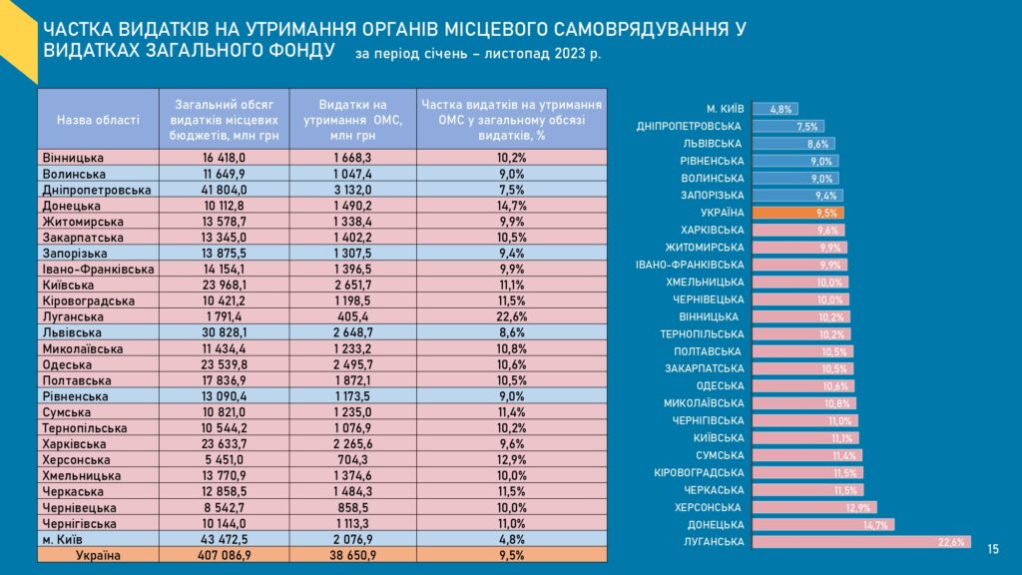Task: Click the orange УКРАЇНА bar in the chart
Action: (797, 213)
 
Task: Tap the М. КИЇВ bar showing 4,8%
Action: (774, 109)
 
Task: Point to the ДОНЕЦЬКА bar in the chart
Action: (822, 525)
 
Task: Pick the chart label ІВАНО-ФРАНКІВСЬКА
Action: (690, 265)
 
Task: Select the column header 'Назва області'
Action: (98, 119)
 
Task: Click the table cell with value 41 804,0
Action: (224, 190)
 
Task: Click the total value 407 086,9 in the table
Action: (224, 554)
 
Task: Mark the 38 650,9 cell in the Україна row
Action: (352, 554)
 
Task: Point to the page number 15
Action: (993, 549)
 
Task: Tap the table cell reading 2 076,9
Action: (352, 539)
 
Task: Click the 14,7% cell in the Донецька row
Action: (511, 205)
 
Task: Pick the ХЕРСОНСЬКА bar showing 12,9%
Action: (813, 507)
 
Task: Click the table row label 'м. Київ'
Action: (65, 539)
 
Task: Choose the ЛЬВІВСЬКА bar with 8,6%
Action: (792, 144)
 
